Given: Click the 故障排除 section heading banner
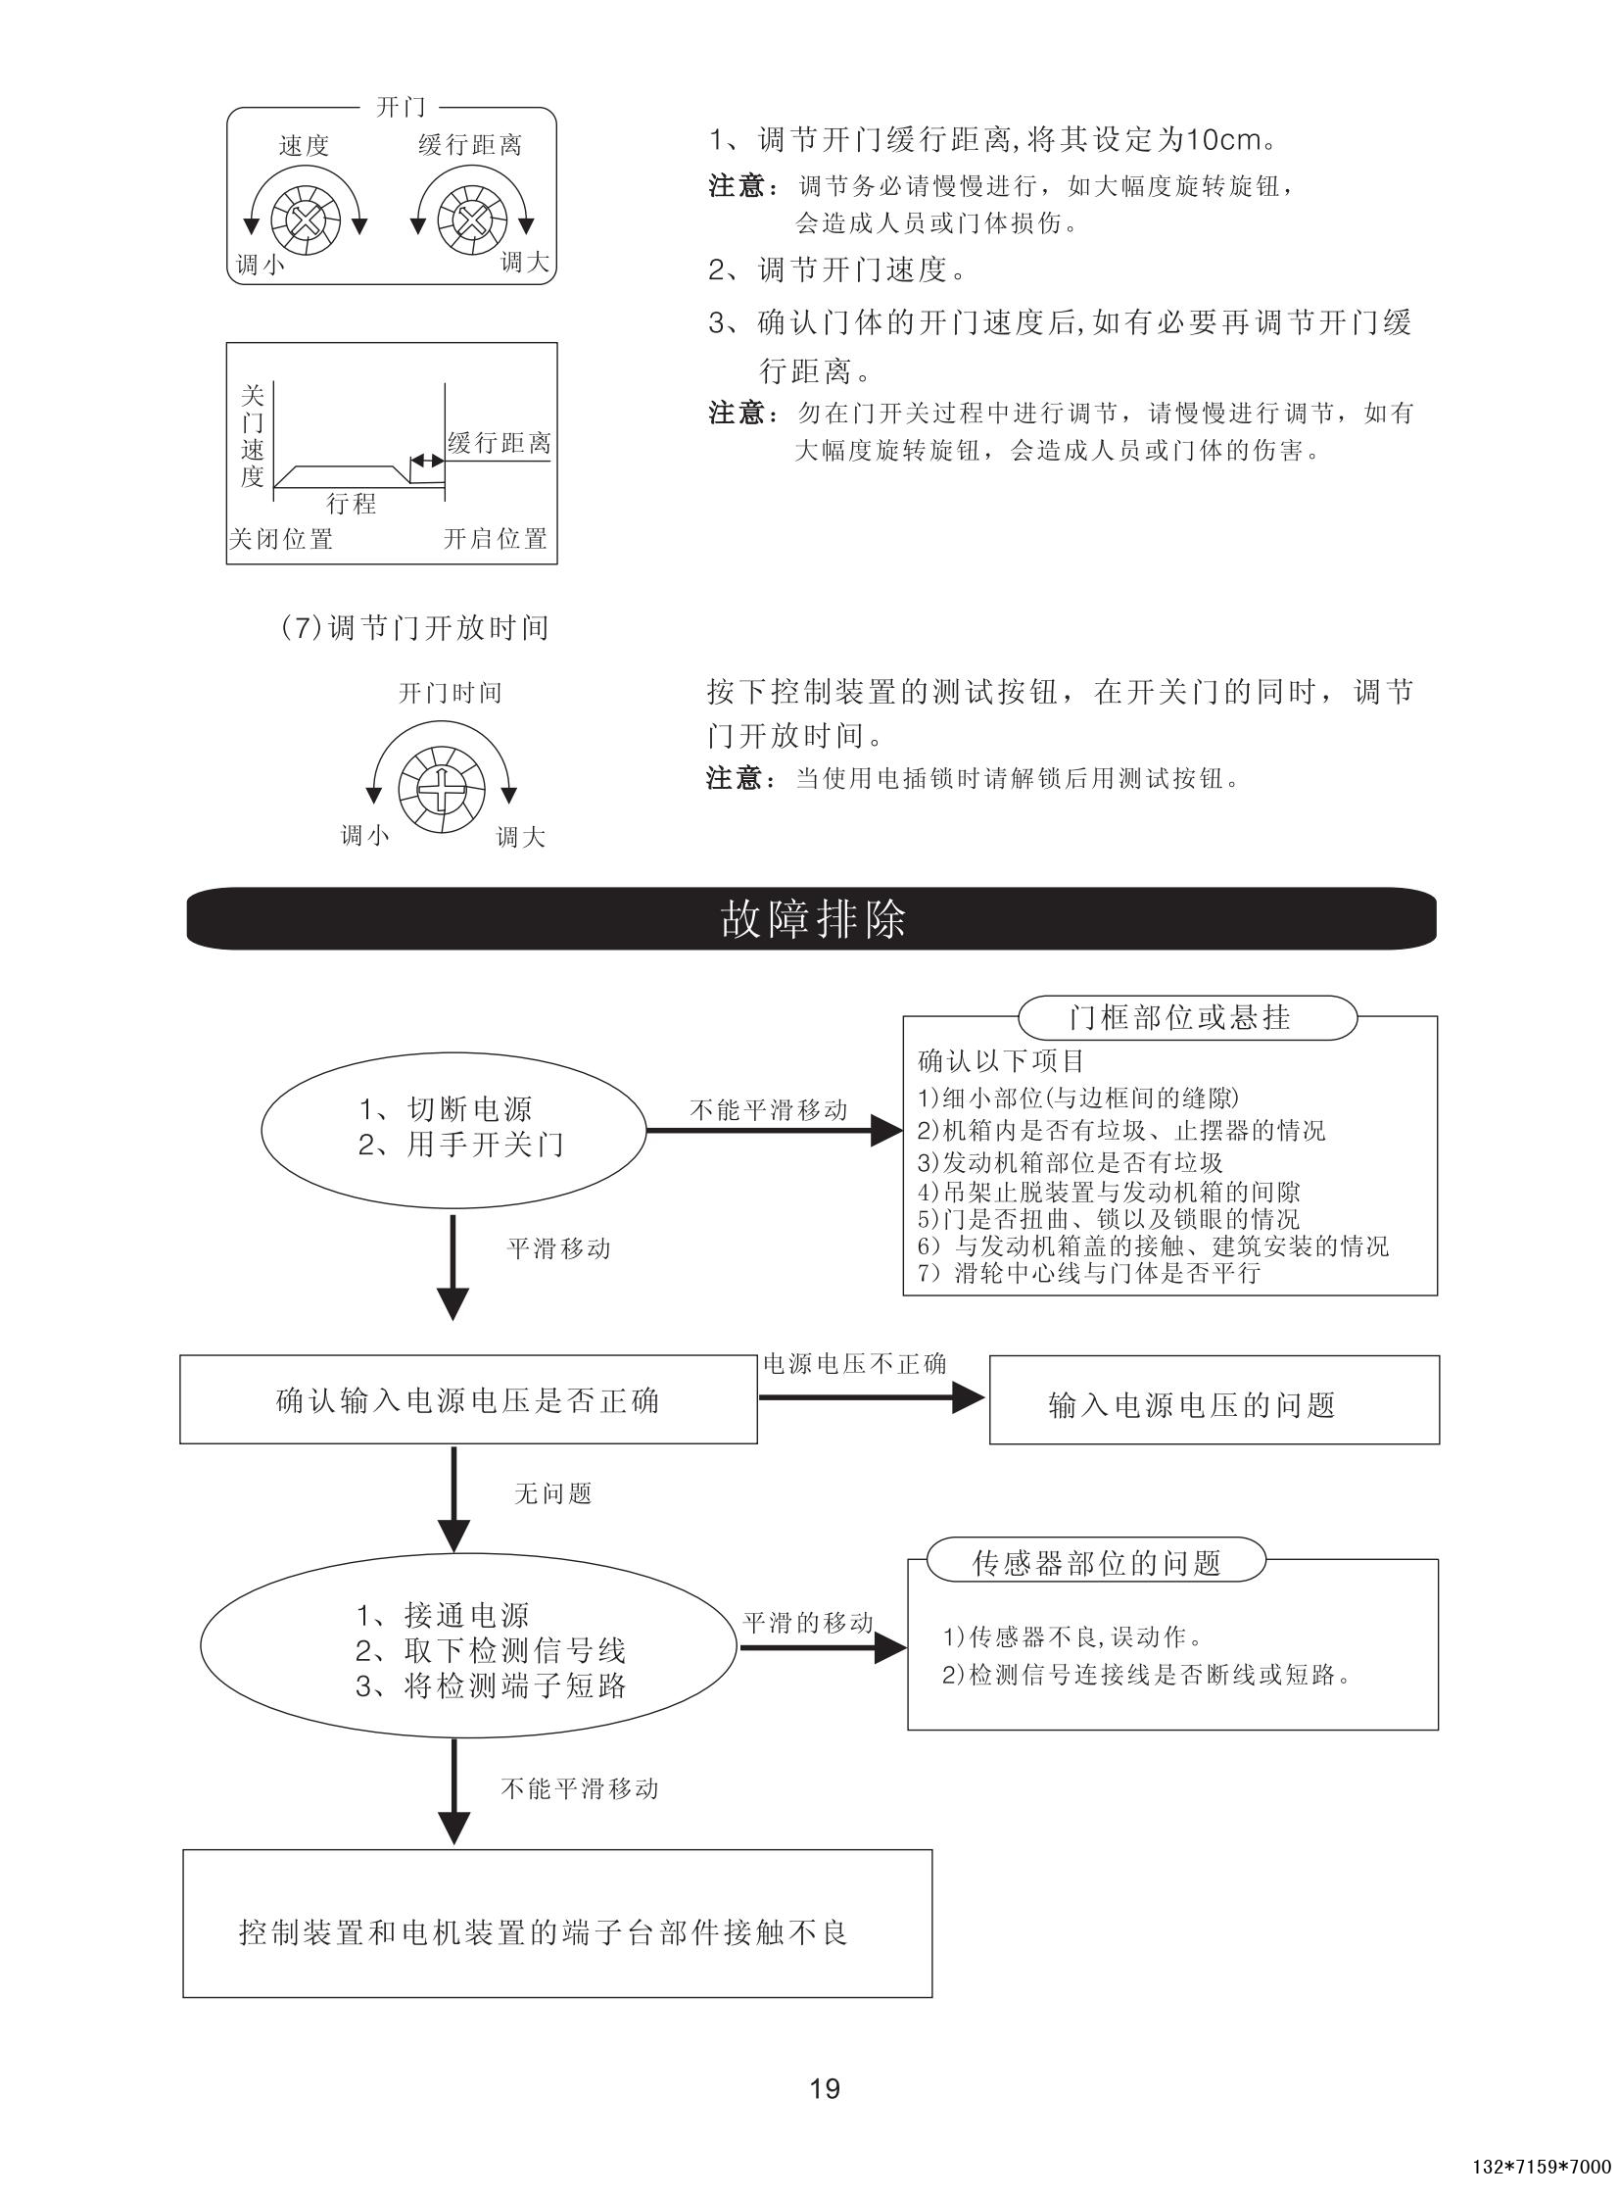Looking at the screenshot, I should coord(812,918).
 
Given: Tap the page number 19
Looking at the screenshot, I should coord(825,2088).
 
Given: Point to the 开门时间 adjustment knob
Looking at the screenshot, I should coord(441,785).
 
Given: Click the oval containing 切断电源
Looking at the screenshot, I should coord(452,1128).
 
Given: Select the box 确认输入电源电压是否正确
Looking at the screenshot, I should coord(468,1400).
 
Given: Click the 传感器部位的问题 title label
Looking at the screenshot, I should coord(1096,1563).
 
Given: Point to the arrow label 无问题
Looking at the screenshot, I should coord(552,1494).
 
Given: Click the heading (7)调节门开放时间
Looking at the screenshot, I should coord(413,627).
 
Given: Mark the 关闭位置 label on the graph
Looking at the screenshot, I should coord(280,539).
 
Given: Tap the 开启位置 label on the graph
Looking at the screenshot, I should coord(495,539).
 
